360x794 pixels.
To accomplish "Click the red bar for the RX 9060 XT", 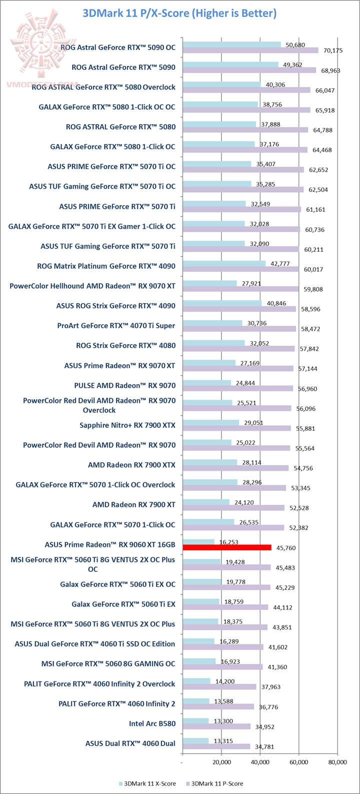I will pyautogui.click(x=227, y=547).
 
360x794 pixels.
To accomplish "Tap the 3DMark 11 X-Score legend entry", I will pyautogui.click(x=147, y=783).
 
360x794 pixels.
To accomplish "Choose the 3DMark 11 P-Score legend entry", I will pyautogui.click(x=216, y=783).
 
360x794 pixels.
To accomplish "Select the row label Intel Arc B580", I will pyautogui.click(x=152, y=723).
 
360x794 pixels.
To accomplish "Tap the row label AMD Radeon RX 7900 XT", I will pyautogui.click(x=134, y=504).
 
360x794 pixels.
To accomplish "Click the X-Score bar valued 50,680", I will pyautogui.click(x=231, y=44).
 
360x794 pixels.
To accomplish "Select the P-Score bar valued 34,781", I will pyautogui.click(x=216, y=746).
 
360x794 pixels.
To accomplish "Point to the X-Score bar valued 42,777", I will pyautogui.click(x=224, y=263).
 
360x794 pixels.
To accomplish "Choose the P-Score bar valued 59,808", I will pyautogui.click(x=240, y=289).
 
